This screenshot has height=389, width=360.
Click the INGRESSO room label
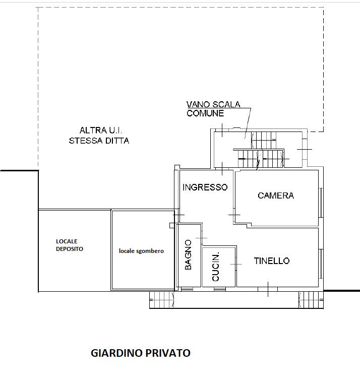(205, 187)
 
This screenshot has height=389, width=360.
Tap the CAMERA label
(275, 196)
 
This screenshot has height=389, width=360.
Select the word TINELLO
(271, 261)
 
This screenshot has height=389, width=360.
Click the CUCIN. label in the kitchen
(216, 266)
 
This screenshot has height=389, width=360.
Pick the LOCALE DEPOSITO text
(69, 245)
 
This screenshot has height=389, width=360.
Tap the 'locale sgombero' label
(141, 251)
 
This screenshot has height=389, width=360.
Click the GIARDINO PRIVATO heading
(140, 353)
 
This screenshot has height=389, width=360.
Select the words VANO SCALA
(213, 105)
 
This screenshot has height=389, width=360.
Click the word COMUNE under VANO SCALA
(205, 113)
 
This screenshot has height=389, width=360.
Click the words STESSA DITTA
(99, 141)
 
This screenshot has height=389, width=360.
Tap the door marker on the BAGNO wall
(201, 238)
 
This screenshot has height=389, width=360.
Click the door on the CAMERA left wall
(234, 215)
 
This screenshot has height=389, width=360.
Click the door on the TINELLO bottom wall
(268, 289)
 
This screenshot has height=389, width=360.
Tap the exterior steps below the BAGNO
(162, 300)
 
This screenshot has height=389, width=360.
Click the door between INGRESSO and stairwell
(222, 167)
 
